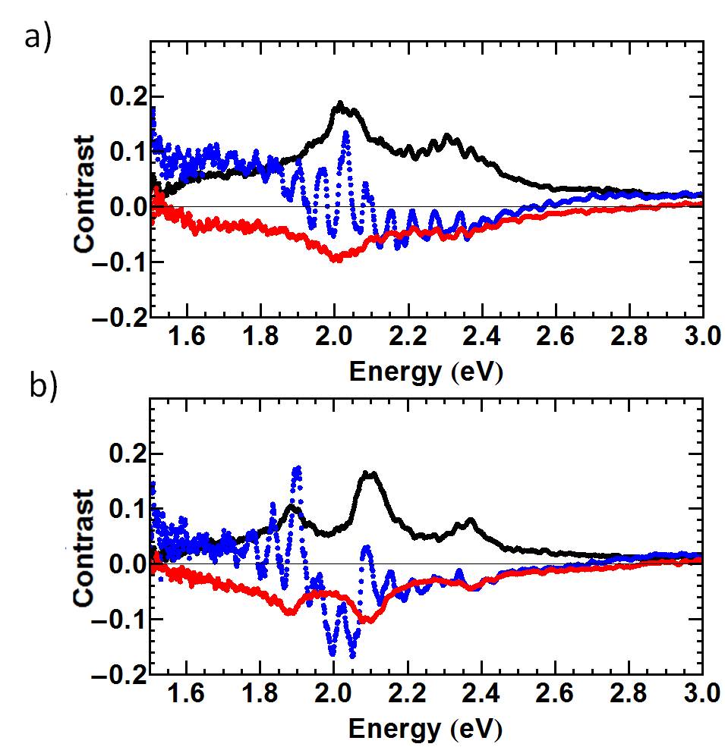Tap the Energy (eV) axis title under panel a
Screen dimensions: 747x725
[x=426, y=372]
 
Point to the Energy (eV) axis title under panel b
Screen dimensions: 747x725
[x=426, y=729]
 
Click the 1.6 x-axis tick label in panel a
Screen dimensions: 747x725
[x=186, y=338]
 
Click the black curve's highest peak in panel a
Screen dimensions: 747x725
[x=340, y=103]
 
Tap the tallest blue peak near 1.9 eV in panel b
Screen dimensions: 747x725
[x=297, y=469]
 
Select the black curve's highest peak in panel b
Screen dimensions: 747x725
[x=370, y=473]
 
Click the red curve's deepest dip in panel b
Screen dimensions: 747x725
[x=367, y=620]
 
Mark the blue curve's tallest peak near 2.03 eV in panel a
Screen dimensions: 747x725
[x=346, y=133]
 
